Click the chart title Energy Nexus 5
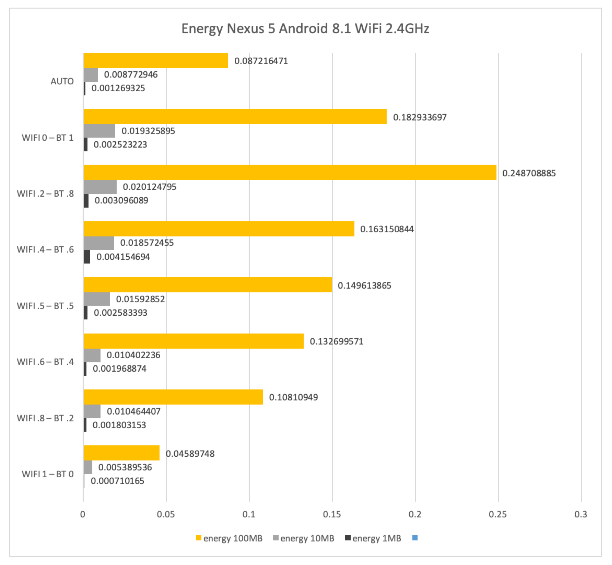(305, 29)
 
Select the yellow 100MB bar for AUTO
(156, 61)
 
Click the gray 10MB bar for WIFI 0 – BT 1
(99, 131)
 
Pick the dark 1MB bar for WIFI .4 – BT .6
(87, 257)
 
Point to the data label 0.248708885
(529, 173)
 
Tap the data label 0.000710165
(117, 481)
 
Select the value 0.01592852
(140, 299)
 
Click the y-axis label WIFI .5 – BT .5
(45, 306)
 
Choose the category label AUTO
(62, 81)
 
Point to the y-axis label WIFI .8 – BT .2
(45, 418)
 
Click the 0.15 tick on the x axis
(332, 515)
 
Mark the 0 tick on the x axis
(82, 515)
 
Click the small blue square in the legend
(415, 538)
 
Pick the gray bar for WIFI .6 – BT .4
(92, 355)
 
